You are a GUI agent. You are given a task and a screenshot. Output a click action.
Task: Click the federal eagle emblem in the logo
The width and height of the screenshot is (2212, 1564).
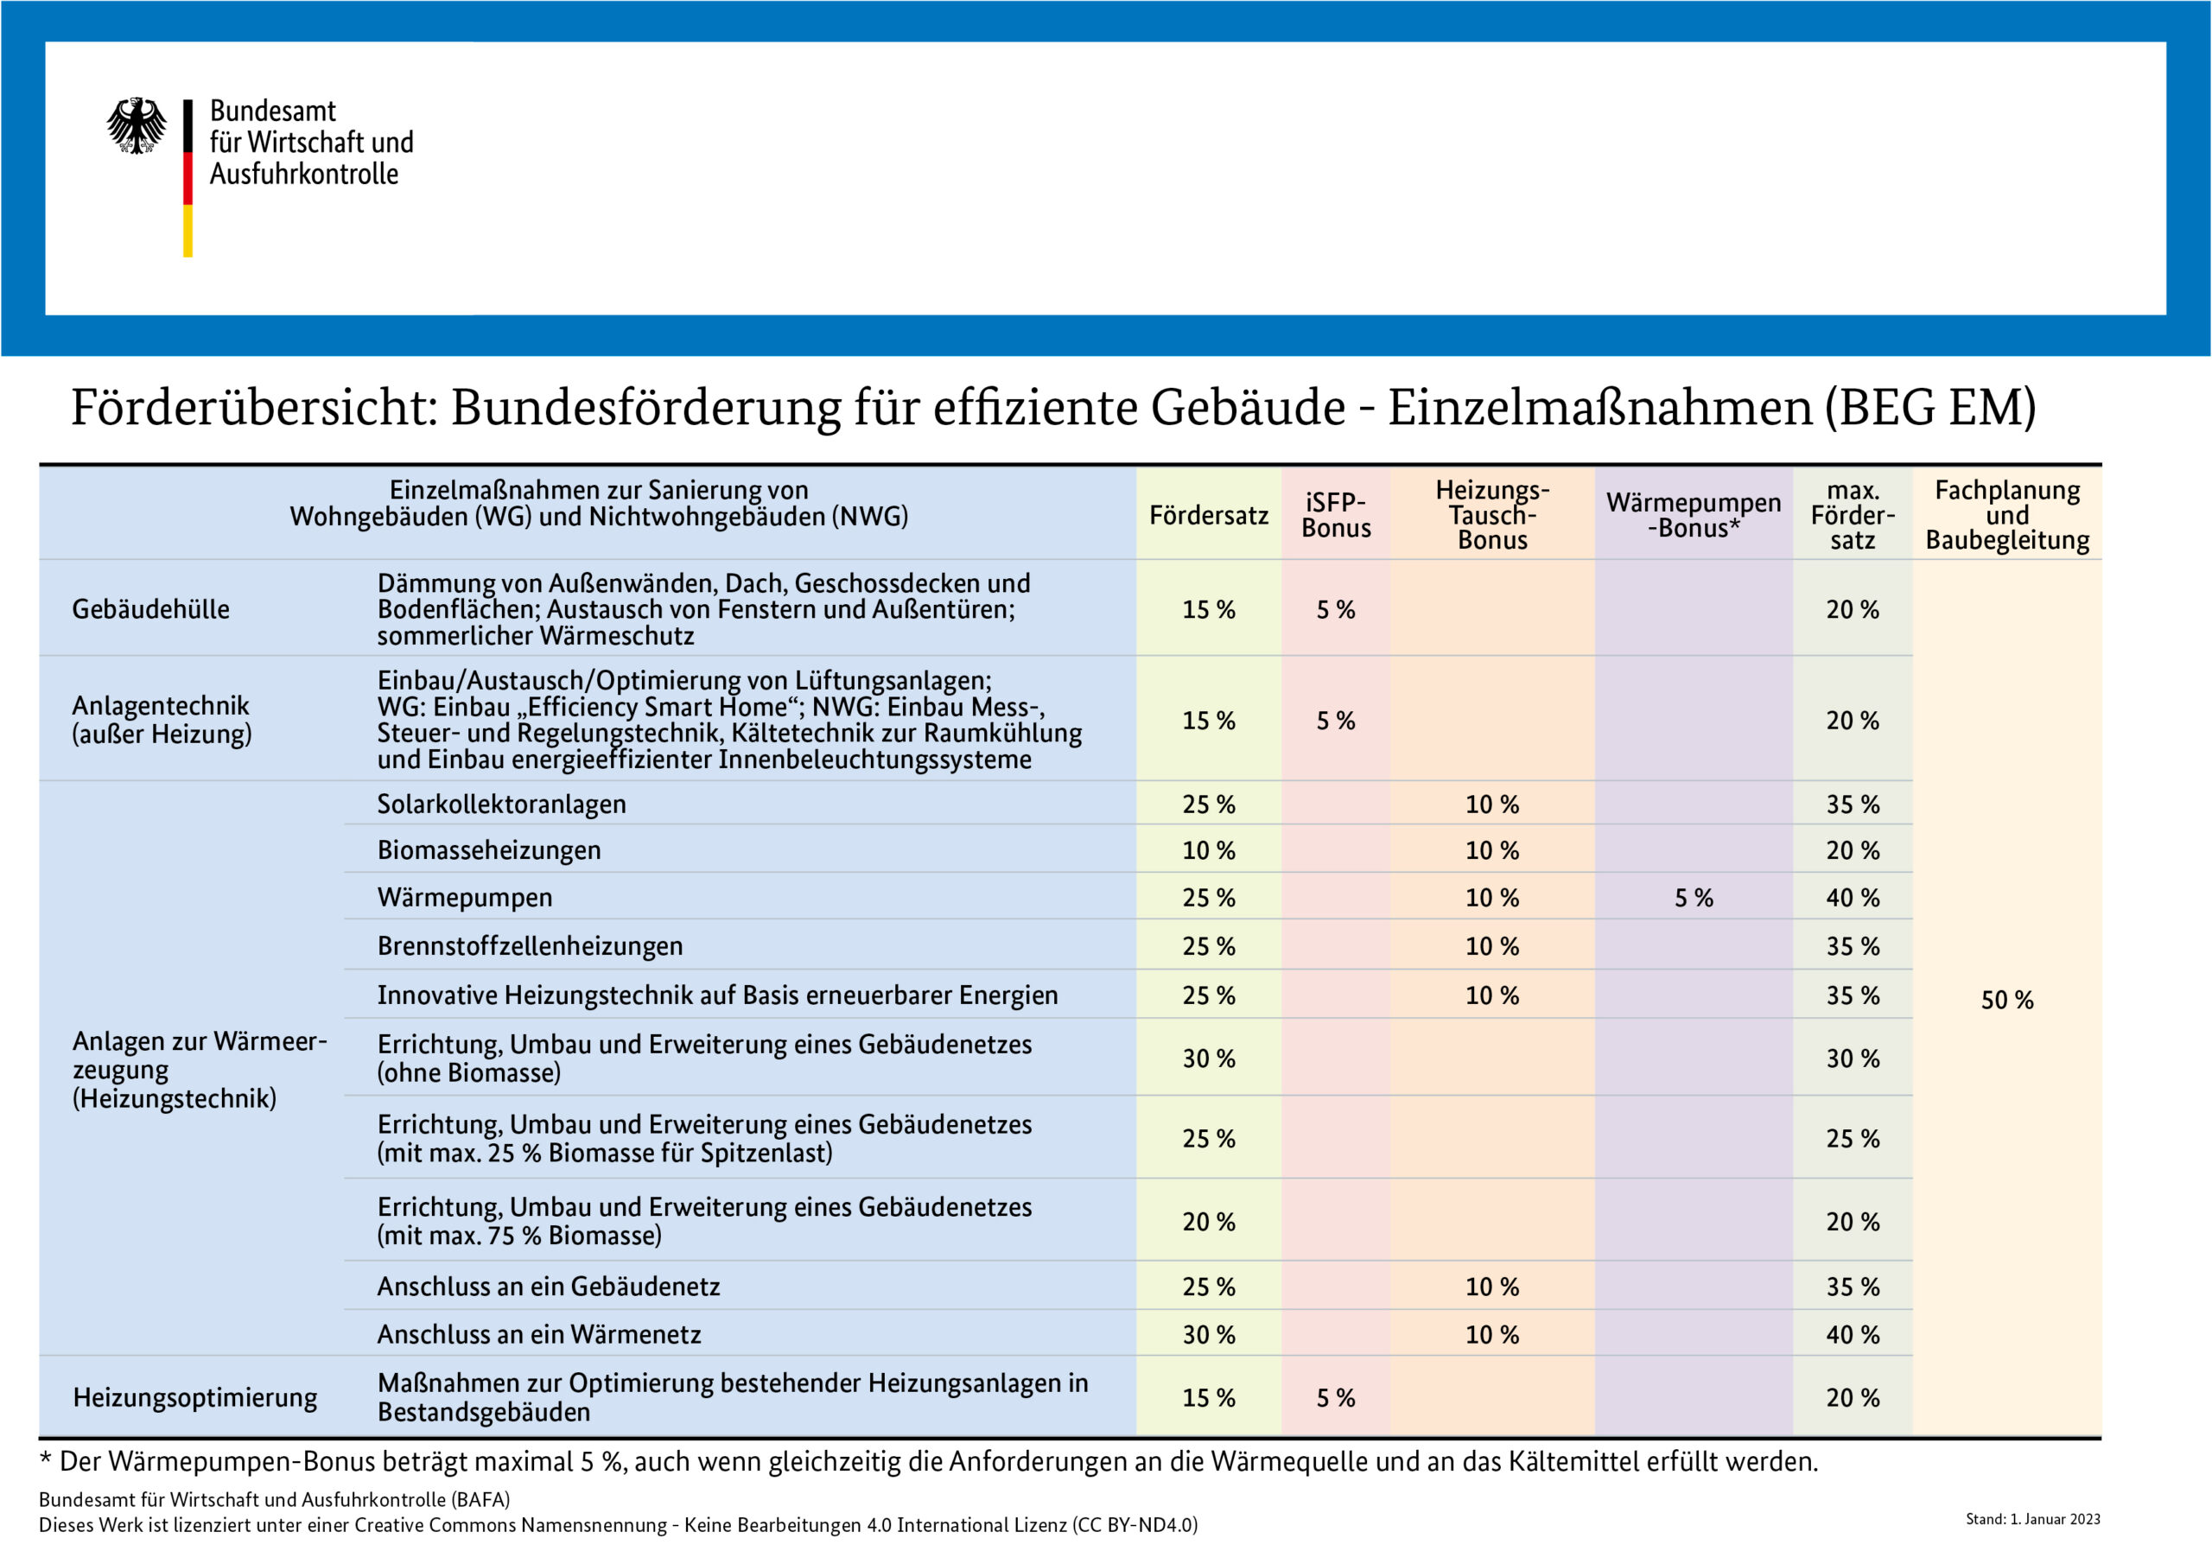[x=136, y=125]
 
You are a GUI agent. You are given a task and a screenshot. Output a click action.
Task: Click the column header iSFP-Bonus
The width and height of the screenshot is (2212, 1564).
[x=1335, y=515]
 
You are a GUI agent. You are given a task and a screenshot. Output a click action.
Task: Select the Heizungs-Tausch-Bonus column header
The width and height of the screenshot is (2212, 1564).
[x=1492, y=515]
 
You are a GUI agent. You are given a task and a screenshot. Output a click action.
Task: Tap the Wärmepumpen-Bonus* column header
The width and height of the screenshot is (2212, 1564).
[x=1693, y=515]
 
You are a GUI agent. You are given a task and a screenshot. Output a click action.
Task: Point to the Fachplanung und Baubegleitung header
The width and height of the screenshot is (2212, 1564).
[x=2007, y=515]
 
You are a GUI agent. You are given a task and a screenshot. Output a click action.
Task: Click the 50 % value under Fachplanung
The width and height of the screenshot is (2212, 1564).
[x=2007, y=1001]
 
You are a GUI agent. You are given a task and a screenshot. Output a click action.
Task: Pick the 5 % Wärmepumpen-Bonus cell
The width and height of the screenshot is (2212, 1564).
[x=1694, y=898]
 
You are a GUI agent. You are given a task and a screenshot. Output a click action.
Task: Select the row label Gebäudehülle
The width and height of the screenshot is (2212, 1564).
[x=150, y=609]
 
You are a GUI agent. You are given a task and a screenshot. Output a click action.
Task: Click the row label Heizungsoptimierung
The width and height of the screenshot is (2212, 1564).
[x=194, y=1397]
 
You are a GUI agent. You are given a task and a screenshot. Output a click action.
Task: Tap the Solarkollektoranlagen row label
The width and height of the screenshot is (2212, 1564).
[x=501, y=804]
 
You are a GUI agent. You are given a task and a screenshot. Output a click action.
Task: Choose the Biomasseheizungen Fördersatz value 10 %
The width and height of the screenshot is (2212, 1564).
[x=1208, y=851]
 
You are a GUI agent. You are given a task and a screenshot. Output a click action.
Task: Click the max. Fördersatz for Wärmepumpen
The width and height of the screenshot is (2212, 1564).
[x=1852, y=898]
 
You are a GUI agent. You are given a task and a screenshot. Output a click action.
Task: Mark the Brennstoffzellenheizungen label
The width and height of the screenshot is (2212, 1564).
[x=530, y=946]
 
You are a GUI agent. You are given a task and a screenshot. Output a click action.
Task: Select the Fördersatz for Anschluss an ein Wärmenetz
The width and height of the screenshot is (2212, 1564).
[x=1208, y=1335]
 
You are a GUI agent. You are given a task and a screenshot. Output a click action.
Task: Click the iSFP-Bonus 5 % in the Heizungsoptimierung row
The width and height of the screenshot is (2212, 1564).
[x=1335, y=1398]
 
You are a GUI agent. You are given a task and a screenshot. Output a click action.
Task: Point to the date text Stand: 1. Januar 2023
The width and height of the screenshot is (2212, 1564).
[x=2033, y=1519]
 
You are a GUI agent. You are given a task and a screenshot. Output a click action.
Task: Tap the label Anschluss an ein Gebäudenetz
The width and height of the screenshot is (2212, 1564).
[x=548, y=1287]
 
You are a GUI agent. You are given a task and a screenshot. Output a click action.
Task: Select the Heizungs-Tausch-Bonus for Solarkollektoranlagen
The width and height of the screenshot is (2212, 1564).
[x=1492, y=804]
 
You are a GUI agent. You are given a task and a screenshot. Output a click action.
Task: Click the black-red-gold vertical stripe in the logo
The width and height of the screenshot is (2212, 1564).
[x=188, y=178]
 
